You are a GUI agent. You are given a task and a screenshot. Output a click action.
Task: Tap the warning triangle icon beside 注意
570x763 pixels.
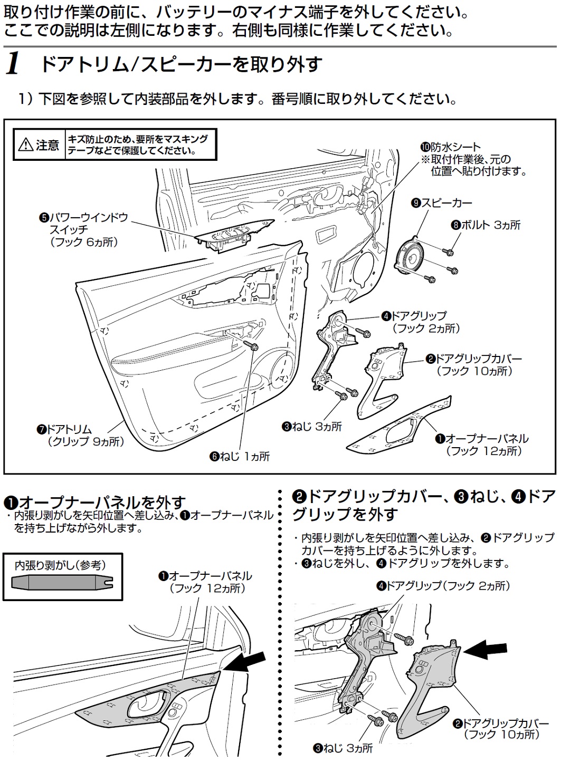coord(25,145)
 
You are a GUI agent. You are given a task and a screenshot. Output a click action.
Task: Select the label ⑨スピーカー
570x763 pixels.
coord(442,202)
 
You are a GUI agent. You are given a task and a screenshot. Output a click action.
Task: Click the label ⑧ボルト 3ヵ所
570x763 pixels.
coord(485,225)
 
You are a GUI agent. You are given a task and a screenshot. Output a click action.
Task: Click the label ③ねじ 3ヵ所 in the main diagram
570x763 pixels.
coord(311,427)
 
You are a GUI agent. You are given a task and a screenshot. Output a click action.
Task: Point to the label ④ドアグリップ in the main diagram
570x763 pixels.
coord(414,316)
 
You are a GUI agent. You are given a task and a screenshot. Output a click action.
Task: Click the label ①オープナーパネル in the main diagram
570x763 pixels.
coord(481,439)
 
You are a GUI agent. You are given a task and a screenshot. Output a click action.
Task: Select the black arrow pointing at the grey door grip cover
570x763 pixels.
coord(488,650)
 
